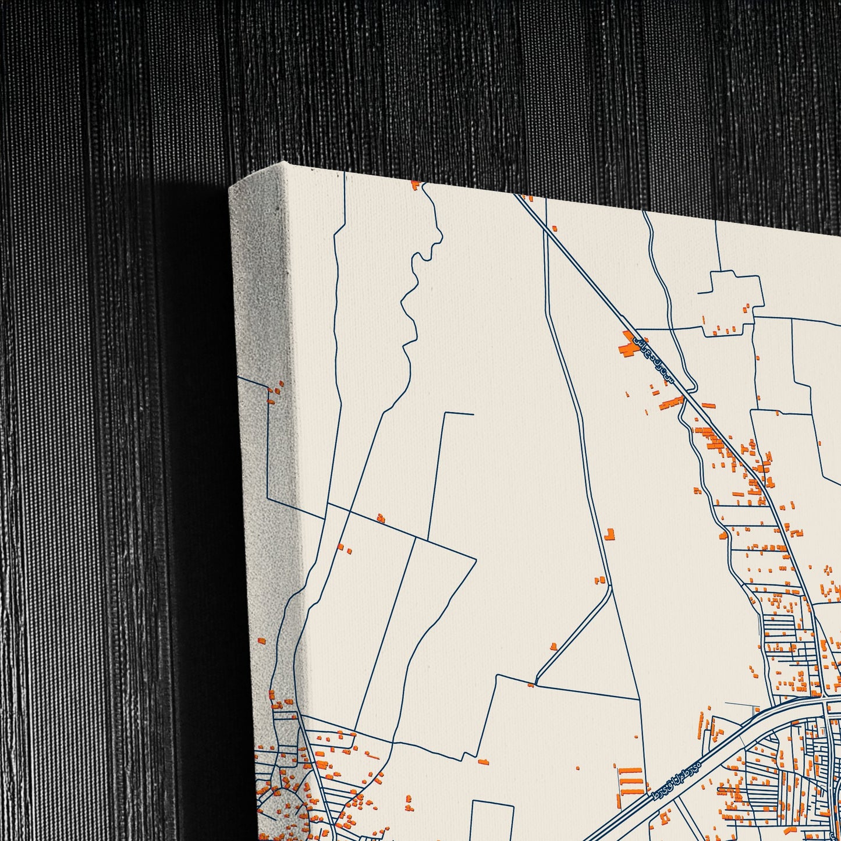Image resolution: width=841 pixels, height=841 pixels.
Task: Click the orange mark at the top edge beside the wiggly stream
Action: click(x=415, y=185)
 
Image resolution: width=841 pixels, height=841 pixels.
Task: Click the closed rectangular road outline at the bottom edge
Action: click(x=492, y=821)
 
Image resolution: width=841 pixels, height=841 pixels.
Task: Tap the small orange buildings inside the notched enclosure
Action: click(x=725, y=329)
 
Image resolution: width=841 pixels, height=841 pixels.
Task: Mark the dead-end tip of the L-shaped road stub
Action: click(x=473, y=414)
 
